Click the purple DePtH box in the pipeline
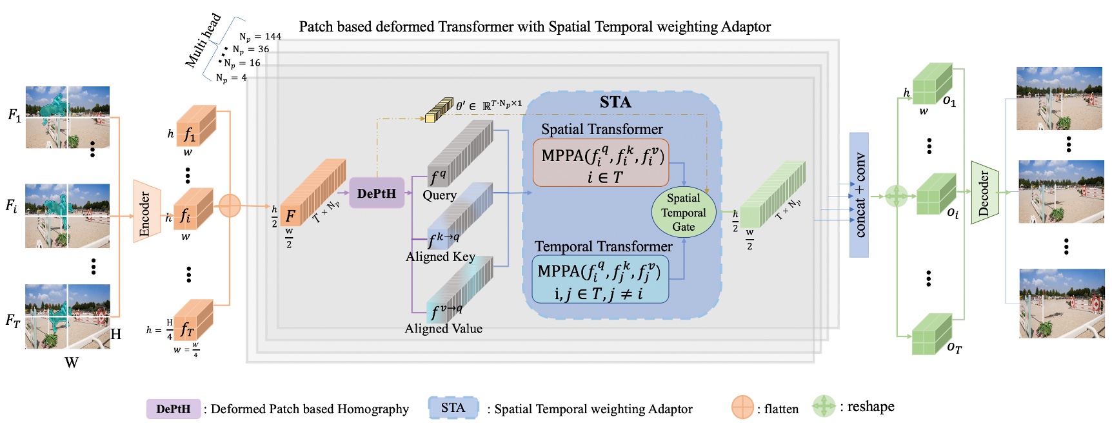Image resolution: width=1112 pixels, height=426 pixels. coord(377,193)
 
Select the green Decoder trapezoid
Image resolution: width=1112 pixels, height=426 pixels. coord(984,192)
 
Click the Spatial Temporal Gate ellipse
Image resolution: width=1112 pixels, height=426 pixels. coord(684,212)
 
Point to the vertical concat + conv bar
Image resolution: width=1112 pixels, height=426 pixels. coord(859,195)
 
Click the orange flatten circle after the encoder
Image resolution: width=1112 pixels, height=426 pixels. coord(230,206)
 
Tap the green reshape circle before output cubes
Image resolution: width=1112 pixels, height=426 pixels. coord(896,195)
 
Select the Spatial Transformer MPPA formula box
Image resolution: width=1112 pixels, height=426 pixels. coord(601,164)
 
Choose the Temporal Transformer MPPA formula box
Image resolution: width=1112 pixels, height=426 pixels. coord(600,279)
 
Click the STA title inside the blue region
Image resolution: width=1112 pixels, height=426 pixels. coord(615,102)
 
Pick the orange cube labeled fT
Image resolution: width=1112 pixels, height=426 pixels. coord(193,321)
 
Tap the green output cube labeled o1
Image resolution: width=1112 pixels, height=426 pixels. coord(931,84)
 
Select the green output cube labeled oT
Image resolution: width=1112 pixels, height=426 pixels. coord(931,334)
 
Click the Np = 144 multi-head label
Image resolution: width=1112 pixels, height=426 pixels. coord(260,37)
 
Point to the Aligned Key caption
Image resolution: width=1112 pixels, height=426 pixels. coord(441,257)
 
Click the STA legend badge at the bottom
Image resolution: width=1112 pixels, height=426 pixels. coord(453,407)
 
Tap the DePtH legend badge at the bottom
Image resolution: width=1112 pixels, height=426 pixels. coord(173,409)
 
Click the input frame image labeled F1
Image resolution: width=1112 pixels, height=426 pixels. coord(68,117)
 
